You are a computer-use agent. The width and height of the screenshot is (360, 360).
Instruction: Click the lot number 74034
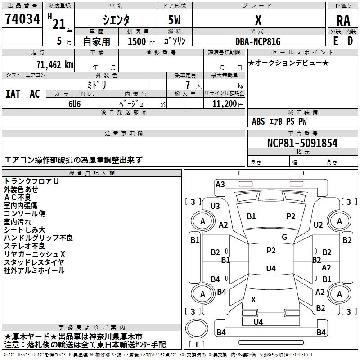pyautogui.click(x=22, y=19)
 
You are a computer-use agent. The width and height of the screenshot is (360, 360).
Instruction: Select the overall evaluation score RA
pyautogui.click(x=343, y=21)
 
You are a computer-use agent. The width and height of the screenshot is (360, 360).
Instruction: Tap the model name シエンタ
pyautogui.click(x=116, y=20)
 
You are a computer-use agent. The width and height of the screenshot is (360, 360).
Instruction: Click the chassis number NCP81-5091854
pyautogui.click(x=302, y=144)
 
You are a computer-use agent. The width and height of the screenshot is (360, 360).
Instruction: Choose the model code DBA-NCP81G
pyautogui.click(x=257, y=41)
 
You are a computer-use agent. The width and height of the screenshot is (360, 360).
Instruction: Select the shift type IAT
pyautogui.click(x=13, y=94)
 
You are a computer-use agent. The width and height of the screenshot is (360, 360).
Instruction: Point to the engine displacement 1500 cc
pyautogui.click(x=138, y=41)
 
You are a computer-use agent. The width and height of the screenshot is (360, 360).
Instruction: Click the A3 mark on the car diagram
pyautogui.click(x=220, y=184)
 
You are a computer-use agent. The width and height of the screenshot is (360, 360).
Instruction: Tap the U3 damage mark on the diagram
pyautogui.click(x=215, y=206)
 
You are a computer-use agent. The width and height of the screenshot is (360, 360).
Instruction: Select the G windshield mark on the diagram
pyautogui.click(x=284, y=237)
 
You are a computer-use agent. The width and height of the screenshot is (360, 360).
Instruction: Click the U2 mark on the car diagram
pyautogui.click(x=318, y=225)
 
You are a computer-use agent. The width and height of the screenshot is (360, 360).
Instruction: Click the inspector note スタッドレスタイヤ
pyautogui.click(x=34, y=262)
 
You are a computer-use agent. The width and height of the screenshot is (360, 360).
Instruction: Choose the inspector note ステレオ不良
pyautogui.click(x=24, y=246)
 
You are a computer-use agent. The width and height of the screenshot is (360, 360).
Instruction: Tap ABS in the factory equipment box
pyautogui.click(x=258, y=121)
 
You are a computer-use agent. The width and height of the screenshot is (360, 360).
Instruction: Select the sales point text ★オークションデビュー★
pyautogui.click(x=288, y=63)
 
